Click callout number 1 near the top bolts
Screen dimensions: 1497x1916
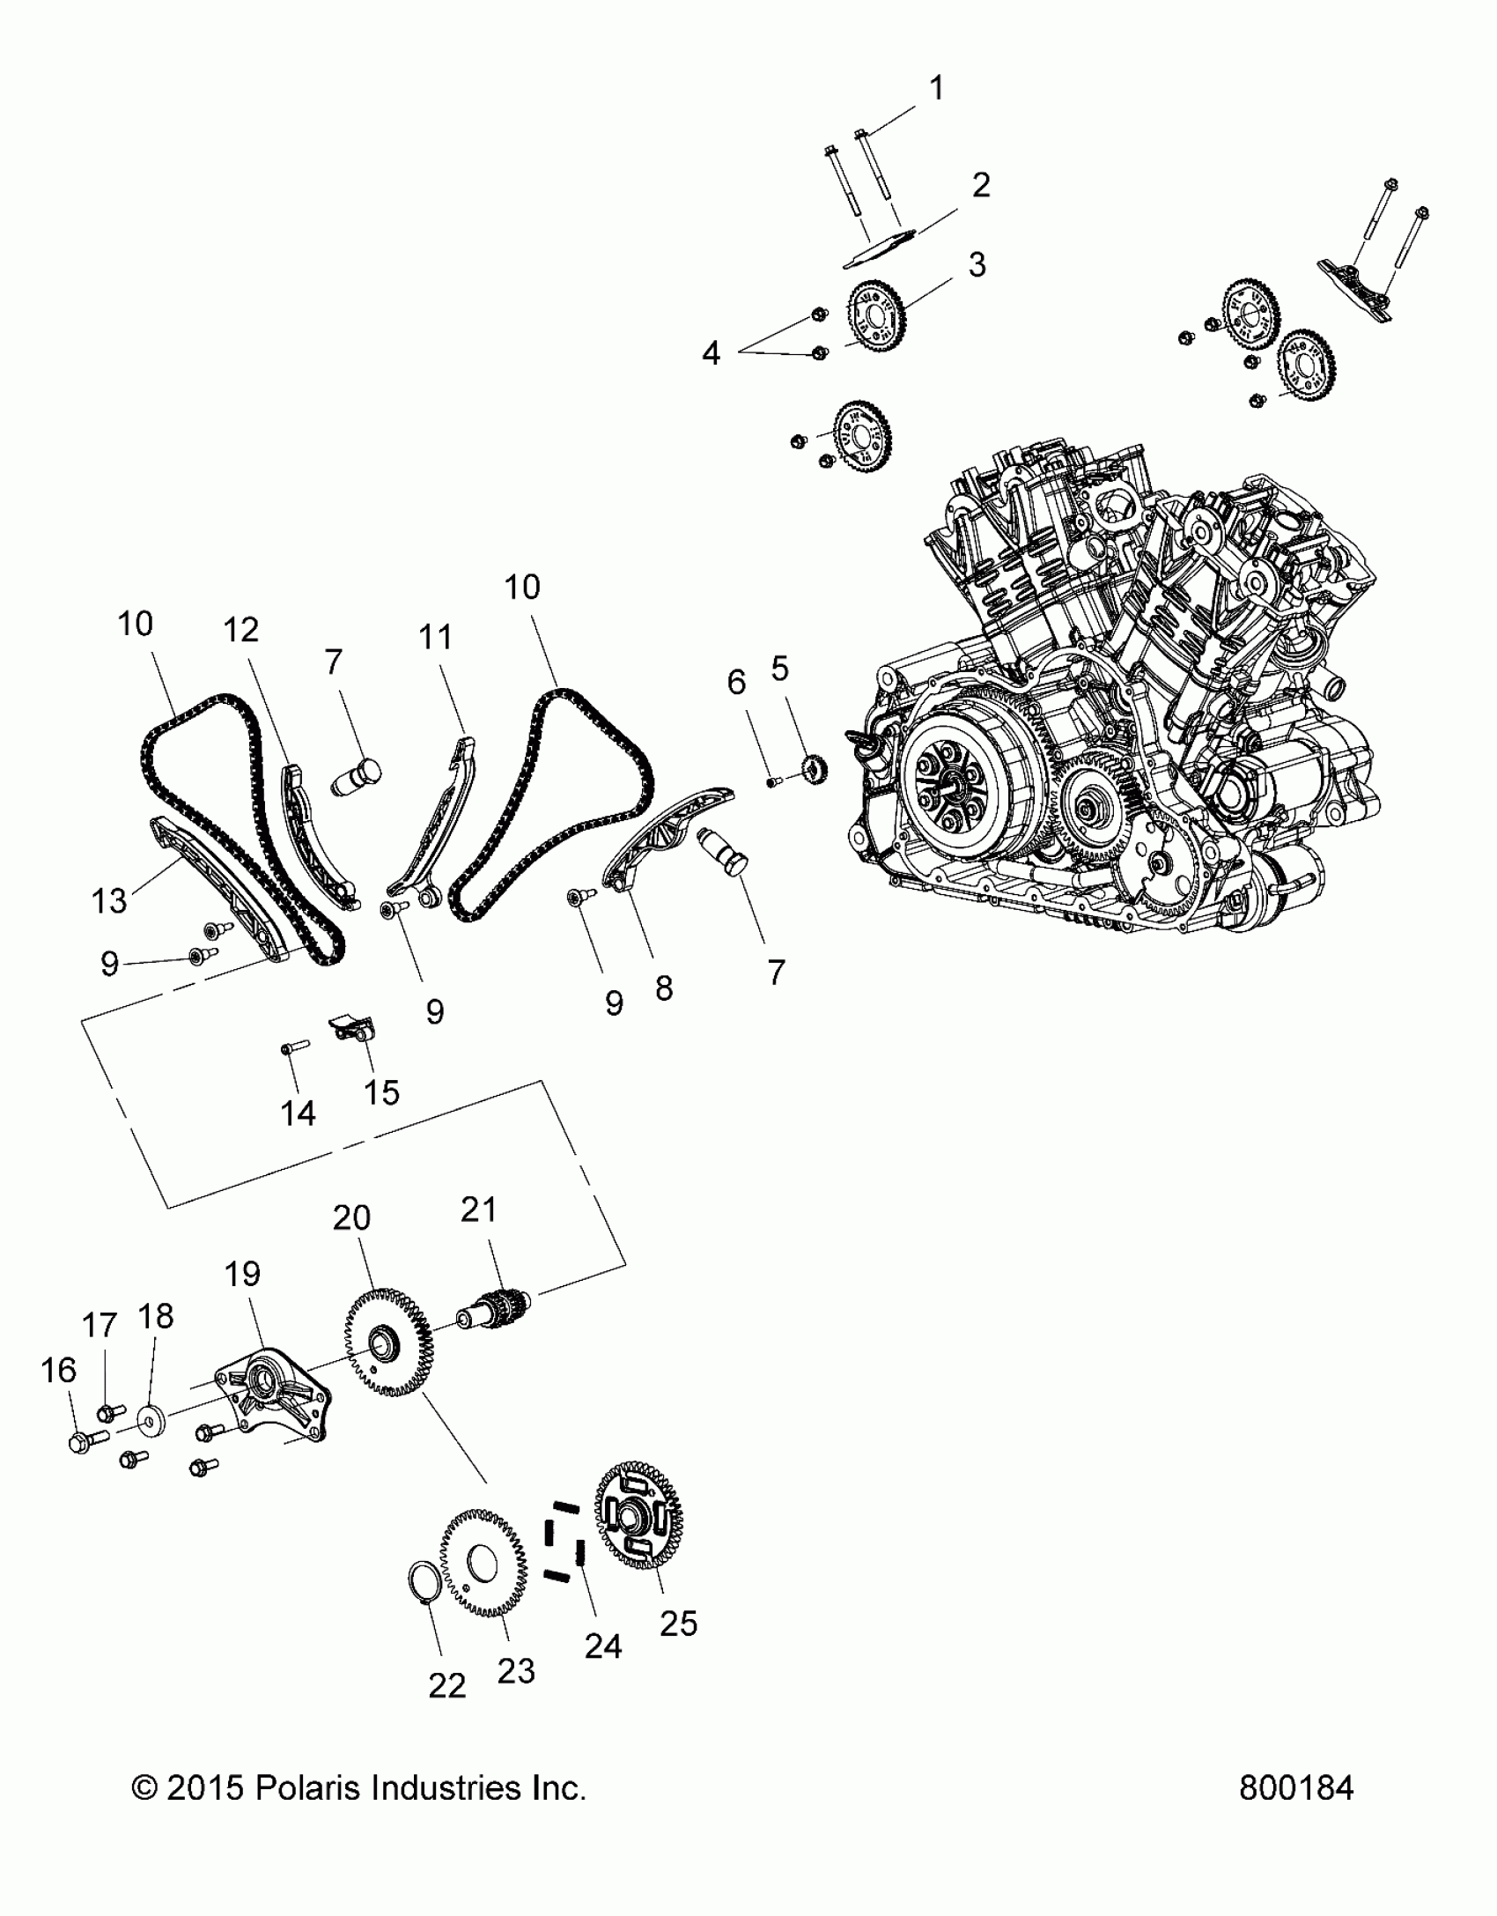(937, 88)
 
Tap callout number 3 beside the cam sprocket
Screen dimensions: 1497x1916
(977, 264)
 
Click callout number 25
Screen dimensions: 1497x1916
(679, 1622)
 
